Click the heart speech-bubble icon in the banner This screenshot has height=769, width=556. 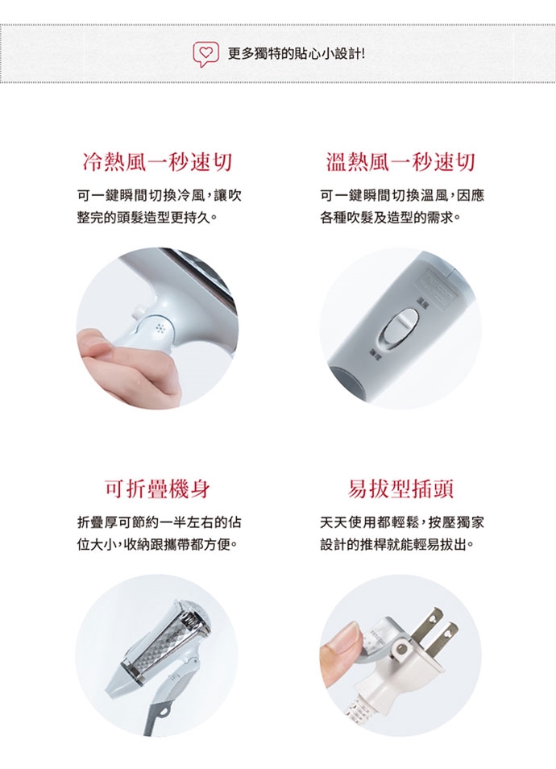pyautogui.click(x=205, y=54)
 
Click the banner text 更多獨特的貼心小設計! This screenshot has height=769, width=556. pyautogui.click(x=297, y=53)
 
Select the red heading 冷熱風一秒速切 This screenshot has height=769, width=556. pyautogui.click(x=157, y=162)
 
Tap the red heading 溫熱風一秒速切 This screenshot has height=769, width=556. pyautogui.click(x=400, y=162)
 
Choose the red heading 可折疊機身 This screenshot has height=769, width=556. pyautogui.click(x=157, y=489)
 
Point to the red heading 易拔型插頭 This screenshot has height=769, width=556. pyautogui.click(x=400, y=489)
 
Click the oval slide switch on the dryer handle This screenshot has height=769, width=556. pyautogui.click(x=400, y=327)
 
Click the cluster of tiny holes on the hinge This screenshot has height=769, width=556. pyautogui.click(x=160, y=329)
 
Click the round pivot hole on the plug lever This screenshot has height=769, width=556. pyautogui.click(x=402, y=649)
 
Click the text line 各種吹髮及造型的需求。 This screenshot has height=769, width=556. pyautogui.click(x=391, y=218)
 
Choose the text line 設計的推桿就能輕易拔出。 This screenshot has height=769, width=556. pyautogui.click(x=397, y=544)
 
